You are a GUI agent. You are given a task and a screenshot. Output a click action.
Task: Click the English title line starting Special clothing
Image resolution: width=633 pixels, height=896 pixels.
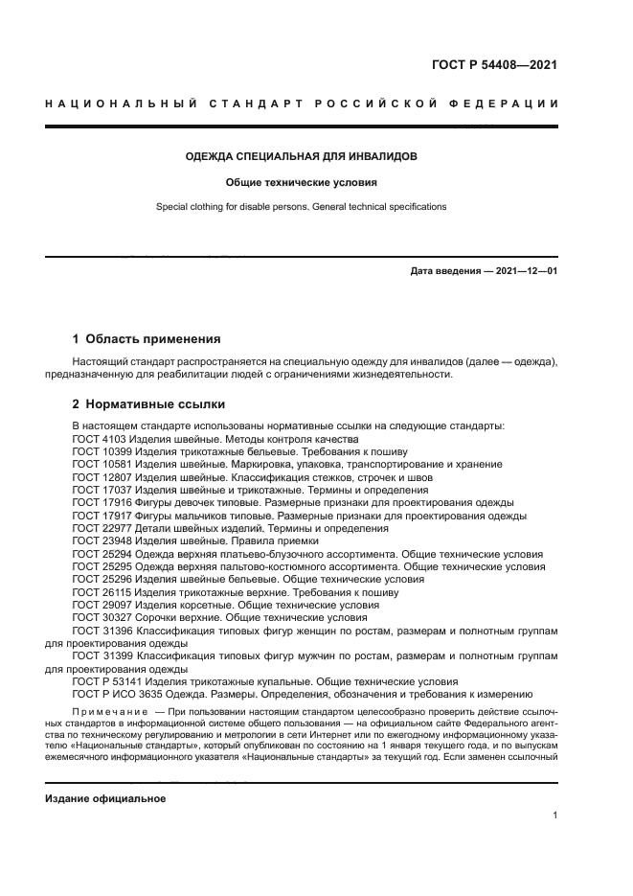[301, 206]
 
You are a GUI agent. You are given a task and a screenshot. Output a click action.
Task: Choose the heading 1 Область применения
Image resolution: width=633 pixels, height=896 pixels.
[147, 338]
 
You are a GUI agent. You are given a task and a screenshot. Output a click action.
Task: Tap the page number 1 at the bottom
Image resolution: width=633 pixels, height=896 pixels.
[555, 816]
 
